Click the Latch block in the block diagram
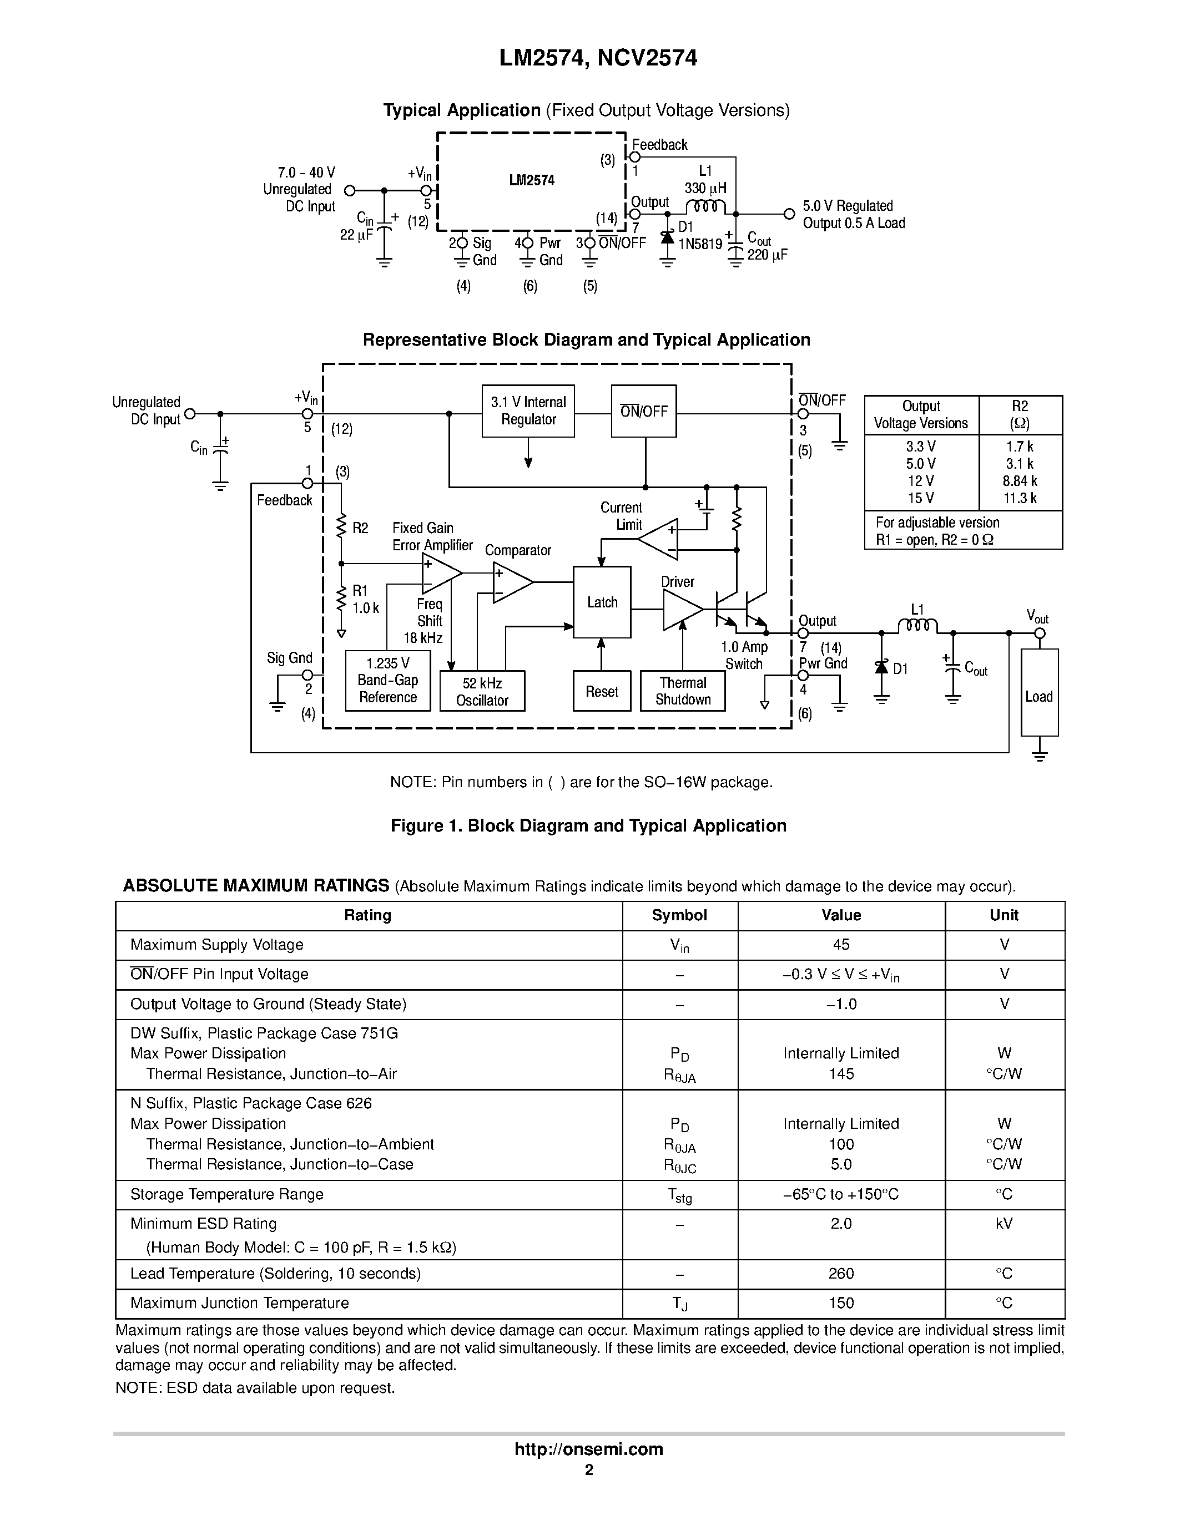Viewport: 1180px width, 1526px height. click(x=601, y=602)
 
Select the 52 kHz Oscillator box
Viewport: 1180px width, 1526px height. click(x=482, y=691)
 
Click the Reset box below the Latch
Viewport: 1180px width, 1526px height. click(x=601, y=691)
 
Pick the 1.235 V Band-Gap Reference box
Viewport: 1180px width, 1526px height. click(x=387, y=681)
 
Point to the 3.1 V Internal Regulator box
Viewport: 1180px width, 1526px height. click(x=528, y=411)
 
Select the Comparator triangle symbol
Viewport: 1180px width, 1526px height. click(x=510, y=582)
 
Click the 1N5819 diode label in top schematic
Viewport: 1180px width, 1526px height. click(x=700, y=244)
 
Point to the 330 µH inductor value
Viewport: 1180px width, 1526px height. click(x=705, y=188)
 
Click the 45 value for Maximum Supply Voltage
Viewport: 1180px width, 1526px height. click(x=841, y=945)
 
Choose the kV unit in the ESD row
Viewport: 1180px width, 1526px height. click(x=1004, y=1224)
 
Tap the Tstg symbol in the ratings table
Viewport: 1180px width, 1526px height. click(x=679, y=1195)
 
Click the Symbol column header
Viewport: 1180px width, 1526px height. click(x=679, y=915)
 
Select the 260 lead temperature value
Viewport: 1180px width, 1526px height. click(x=841, y=1274)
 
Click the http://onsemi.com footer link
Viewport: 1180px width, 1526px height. click(x=588, y=1449)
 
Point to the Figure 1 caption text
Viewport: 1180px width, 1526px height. click(x=588, y=826)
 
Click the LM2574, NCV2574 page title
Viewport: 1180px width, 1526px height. click(x=598, y=58)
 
